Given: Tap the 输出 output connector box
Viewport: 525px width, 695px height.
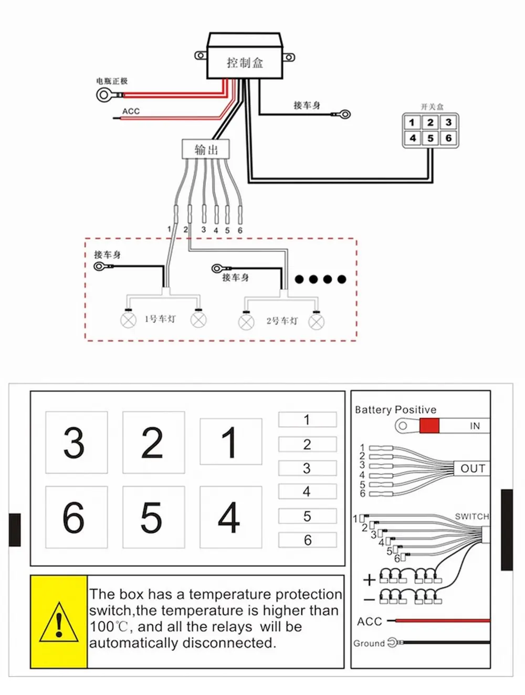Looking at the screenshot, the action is point(206,149).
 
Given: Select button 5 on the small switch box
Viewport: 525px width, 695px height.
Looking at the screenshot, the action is point(430,138).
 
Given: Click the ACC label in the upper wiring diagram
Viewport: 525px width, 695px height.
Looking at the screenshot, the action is point(131,111).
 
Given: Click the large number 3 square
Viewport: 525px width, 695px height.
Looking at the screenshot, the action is point(76,443).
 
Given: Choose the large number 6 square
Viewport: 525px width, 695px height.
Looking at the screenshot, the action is point(76,517).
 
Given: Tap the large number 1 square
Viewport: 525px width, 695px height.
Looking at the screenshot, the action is point(231,441).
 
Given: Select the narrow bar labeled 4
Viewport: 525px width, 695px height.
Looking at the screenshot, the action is point(307,491).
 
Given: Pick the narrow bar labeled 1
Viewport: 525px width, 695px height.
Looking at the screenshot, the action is point(307,419).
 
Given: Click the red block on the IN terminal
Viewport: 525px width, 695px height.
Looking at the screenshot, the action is point(429,425).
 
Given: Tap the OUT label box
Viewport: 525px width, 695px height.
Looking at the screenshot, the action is point(472,468).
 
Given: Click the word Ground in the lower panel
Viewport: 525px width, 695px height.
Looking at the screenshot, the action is point(369,644).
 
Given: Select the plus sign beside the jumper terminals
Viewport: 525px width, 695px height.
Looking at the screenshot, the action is point(369,580).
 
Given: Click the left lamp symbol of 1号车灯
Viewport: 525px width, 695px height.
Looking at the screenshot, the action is point(128,320).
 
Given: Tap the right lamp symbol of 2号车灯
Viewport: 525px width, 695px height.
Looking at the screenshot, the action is point(316,322).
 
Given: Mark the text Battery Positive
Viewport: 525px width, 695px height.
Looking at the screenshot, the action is point(395,410).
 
